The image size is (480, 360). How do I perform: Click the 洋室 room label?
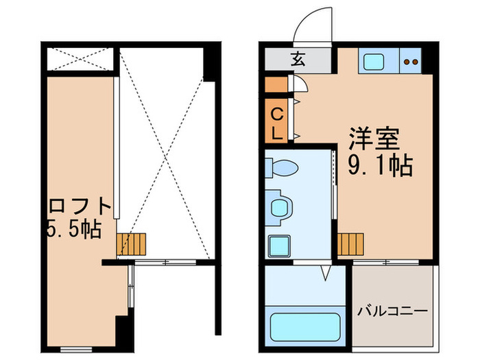(x=374, y=139)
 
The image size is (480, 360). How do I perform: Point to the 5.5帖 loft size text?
(x=74, y=228)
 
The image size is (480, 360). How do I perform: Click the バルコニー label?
(x=393, y=311)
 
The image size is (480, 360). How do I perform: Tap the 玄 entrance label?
(x=297, y=59)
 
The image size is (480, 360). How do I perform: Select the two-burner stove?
(x=411, y=62)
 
